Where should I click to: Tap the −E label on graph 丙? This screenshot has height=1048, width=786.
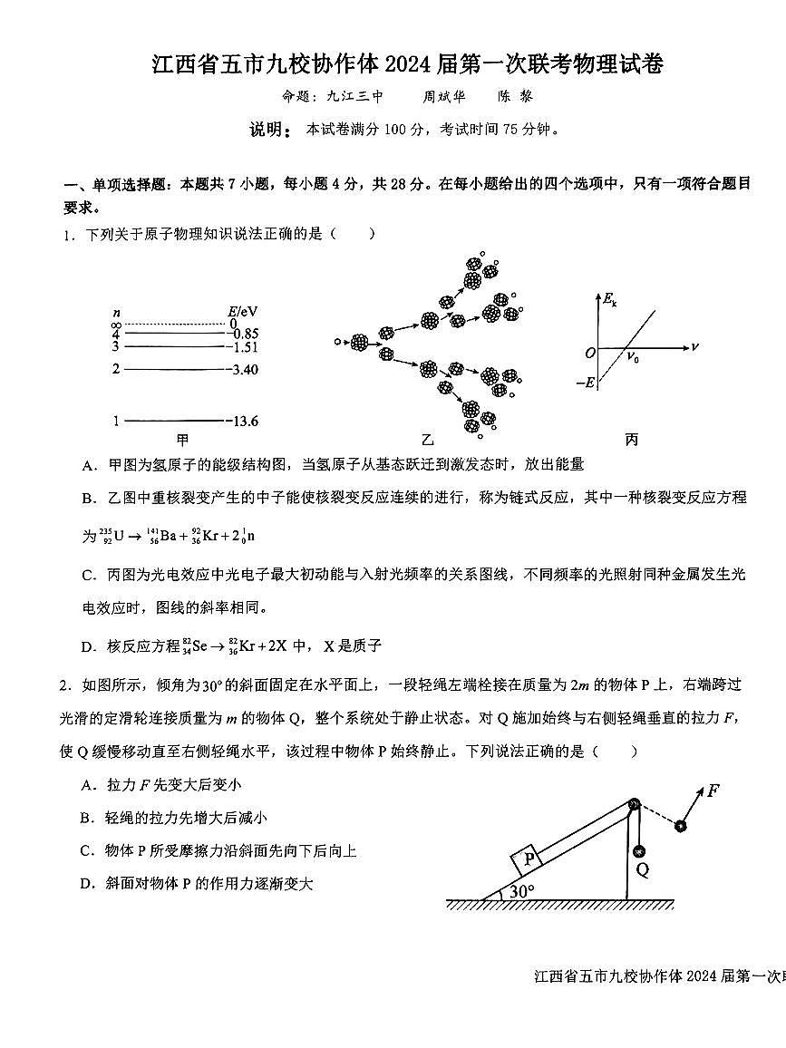[x=586, y=383]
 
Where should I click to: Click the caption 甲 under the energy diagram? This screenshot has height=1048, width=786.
[x=182, y=441]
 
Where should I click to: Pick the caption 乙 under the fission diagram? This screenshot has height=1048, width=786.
[x=428, y=441]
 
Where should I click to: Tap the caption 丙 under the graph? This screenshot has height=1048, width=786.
[x=631, y=441]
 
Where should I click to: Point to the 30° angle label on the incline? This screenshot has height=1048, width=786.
[x=521, y=892]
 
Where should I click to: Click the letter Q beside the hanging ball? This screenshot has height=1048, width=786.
[x=643, y=869]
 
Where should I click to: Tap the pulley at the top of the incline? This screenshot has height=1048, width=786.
[x=633, y=805]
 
